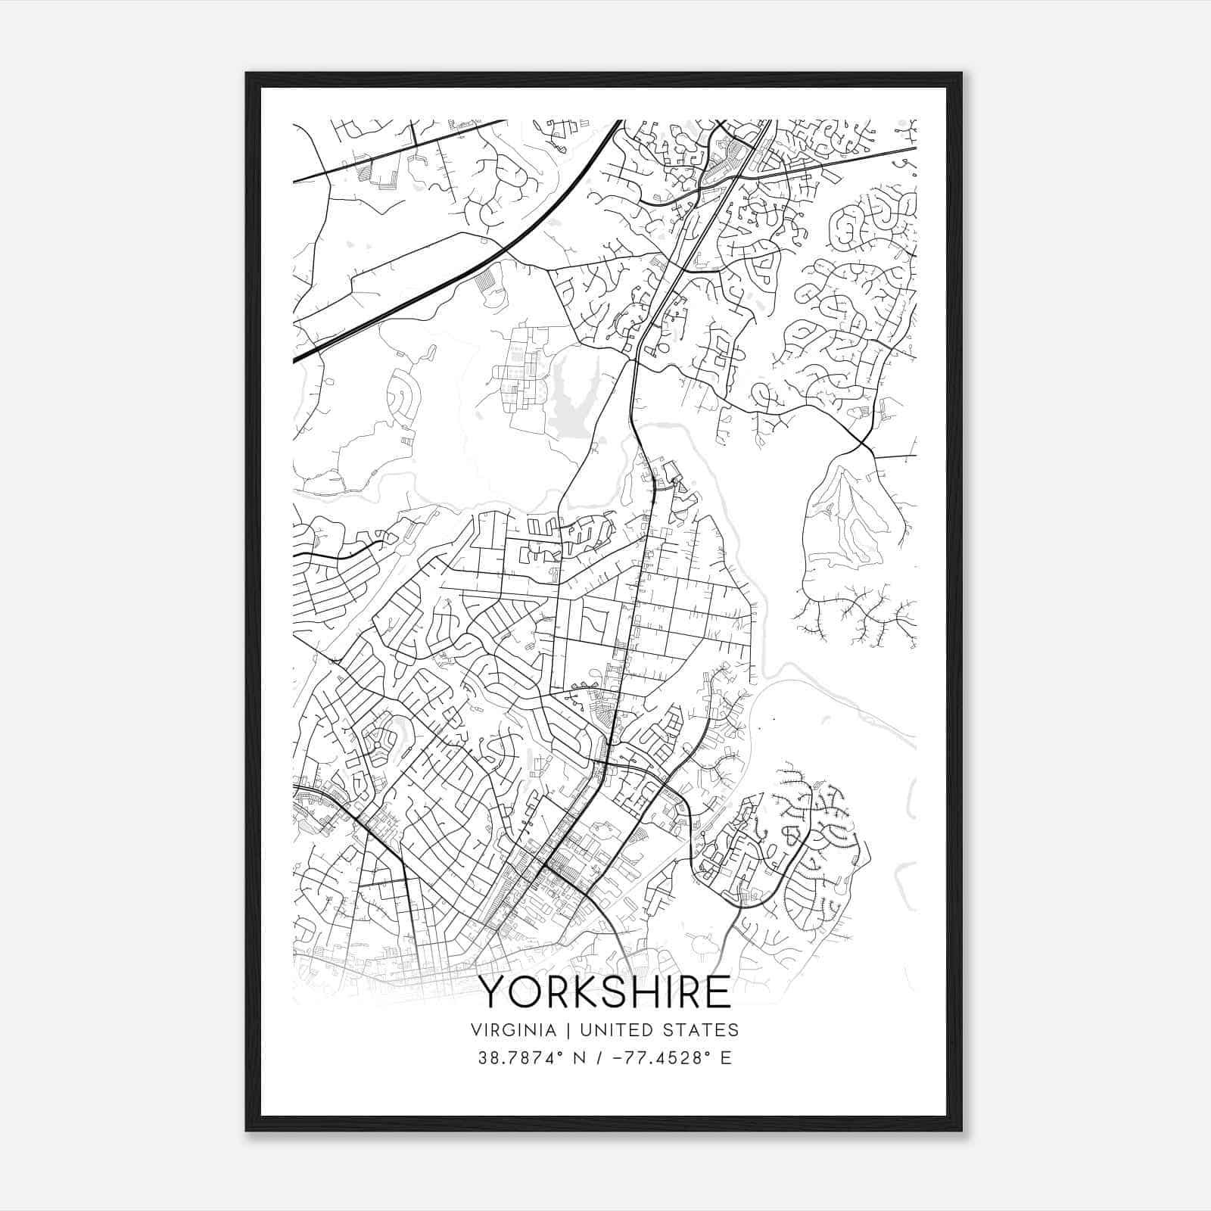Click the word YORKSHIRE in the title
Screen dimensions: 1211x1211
coord(605,992)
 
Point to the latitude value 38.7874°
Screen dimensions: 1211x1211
coord(521,1058)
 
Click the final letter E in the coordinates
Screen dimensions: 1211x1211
coord(727,1058)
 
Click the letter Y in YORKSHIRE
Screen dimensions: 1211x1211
coord(493,992)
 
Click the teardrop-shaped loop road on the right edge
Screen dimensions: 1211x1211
coord(851,522)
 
